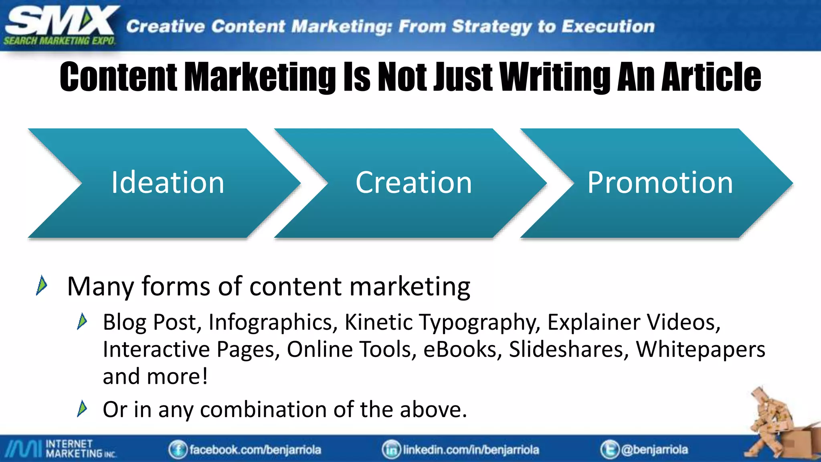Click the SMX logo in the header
[60, 25]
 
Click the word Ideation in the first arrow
[168, 183]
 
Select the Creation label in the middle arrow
[414, 183]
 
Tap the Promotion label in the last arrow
[660, 183]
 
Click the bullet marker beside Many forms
[42, 286]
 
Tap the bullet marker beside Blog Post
[82, 322]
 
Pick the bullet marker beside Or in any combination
[82, 409]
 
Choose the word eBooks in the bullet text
[463, 349]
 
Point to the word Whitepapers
[700, 349]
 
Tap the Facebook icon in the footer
[178, 450]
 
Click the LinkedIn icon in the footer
[391, 450]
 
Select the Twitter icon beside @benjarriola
[609, 450]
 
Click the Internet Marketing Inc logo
[60, 449]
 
